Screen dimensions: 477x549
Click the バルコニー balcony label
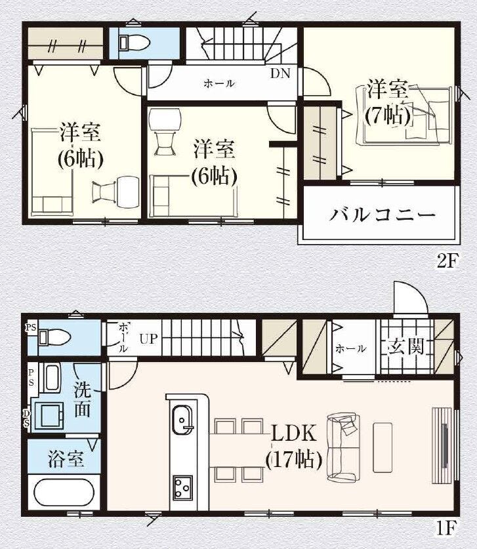[x=383, y=214]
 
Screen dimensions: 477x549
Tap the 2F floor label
[x=447, y=260]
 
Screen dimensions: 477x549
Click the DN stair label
[x=280, y=73]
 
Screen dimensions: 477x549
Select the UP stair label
[x=149, y=339]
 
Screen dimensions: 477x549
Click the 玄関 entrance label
[x=406, y=346]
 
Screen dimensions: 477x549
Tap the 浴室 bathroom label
[x=66, y=459]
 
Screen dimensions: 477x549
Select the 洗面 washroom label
[x=83, y=399]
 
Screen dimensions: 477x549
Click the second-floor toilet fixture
[x=135, y=43]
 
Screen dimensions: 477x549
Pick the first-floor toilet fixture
[x=54, y=338]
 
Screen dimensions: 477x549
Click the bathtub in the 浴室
[x=64, y=492]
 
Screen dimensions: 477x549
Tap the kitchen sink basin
[x=182, y=419]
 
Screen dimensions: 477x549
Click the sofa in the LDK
[x=343, y=447]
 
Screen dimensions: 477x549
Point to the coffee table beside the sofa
[x=383, y=447]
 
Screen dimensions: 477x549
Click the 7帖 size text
[x=388, y=115]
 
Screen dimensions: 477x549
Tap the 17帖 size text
[x=294, y=459]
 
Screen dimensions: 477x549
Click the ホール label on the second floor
[x=219, y=84]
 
